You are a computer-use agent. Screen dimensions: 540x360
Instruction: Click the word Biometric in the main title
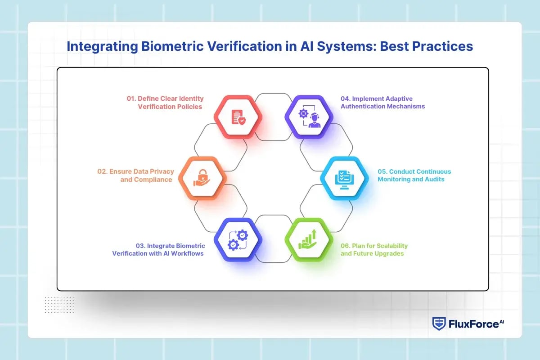(x=173, y=46)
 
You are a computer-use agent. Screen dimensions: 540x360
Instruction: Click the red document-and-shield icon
(x=238, y=117)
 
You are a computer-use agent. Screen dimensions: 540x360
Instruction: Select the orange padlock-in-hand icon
(x=202, y=178)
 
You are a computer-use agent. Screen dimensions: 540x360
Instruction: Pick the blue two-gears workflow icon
(x=238, y=240)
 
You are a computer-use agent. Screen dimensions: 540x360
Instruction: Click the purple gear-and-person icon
(x=310, y=116)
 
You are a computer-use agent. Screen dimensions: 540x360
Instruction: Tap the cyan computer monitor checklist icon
(x=344, y=180)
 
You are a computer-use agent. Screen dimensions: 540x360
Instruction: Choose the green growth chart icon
(x=307, y=239)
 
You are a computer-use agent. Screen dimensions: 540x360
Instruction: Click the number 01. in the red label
(x=131, y=99)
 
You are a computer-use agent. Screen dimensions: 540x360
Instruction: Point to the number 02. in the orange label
(x=102, y=171)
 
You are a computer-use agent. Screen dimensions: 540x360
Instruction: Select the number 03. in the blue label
(x=140, y=246)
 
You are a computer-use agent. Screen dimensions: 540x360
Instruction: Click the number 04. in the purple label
(x=345, y=99)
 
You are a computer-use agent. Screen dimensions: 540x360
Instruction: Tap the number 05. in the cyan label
(x=382, y=171)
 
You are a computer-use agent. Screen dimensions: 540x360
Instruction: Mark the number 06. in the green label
(x=345, y=246)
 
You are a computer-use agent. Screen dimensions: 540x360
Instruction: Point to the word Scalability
(x=392, y=246)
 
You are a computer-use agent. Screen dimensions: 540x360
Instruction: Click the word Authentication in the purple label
(x=359, y=106)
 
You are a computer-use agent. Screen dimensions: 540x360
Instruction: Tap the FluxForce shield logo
(x=439, y=324)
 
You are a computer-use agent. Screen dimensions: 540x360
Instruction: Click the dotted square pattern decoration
(x=59, y=305)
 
